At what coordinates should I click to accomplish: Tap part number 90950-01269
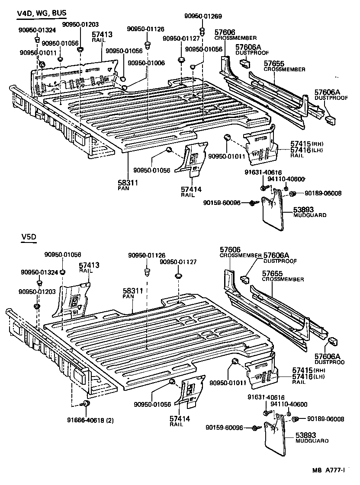tap(203, 16)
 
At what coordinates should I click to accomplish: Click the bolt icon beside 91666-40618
tap(86, 403)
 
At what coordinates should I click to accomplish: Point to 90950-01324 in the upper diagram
tap(37, 29)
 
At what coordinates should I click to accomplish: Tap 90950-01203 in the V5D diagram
tap(37, 292)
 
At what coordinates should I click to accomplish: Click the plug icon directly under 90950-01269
tap(202, 31)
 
